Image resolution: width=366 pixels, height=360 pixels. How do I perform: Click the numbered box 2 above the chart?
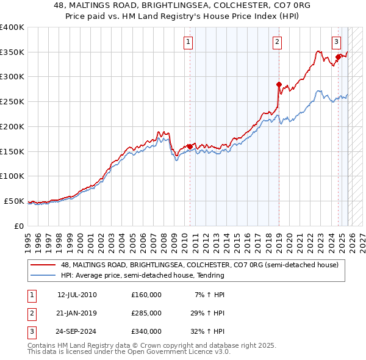[277, 42]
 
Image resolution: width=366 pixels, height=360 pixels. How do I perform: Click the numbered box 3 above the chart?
[336, 42]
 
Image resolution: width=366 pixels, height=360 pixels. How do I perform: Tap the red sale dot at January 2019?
[279, 85]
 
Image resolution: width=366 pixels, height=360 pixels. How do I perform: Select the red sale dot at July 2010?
[190, 146]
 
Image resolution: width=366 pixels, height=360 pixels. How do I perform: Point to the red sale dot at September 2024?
[338, 57]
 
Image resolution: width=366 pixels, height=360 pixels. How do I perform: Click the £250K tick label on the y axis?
[12, 102]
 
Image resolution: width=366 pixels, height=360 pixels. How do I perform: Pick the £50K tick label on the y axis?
[14, 201]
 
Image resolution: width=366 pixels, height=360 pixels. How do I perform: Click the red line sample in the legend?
[44, 265]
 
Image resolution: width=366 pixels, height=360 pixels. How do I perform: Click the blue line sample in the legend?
[44, 275]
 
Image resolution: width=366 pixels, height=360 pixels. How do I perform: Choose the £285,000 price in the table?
[146, 313]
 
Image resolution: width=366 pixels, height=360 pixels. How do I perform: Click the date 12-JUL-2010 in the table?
[77, 295]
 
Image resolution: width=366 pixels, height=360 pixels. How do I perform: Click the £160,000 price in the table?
[146, 295]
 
